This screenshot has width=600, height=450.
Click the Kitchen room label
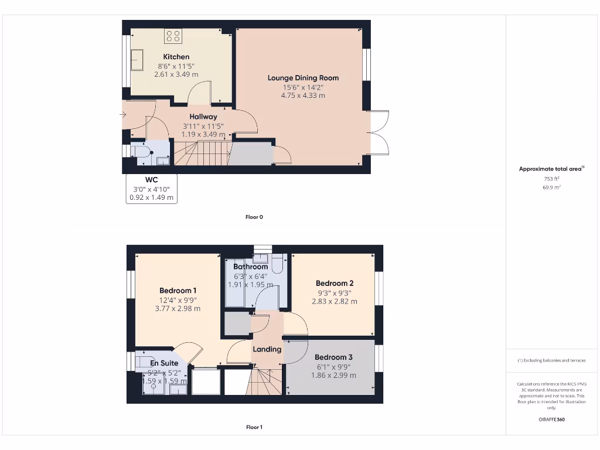coord(176,57)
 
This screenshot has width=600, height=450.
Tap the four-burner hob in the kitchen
coord(173,36)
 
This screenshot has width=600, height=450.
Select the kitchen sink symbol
coord(137,60)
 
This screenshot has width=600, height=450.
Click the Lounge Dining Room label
coord(303,77)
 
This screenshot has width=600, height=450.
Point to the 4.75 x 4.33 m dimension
coord(303,95)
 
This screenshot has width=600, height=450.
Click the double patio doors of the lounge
coord(379,132)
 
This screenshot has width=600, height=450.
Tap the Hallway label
coord(203,117)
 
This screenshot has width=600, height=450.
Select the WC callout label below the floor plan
coord(152,179)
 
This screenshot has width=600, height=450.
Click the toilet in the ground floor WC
coord(141,152)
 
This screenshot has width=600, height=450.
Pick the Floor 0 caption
coord(254,217)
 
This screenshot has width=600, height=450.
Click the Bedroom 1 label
coord(178,291)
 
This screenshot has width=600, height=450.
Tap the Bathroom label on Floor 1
coord(250,267)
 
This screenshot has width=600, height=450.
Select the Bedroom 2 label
coord(334,283)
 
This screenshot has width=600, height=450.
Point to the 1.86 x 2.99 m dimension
coord(333,376)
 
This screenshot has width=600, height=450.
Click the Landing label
coord(267,349)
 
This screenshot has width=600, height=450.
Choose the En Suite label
coord(164,363)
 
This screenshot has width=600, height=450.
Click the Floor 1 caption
coord(254,427)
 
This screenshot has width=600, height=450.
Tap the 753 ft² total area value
coord(551,179)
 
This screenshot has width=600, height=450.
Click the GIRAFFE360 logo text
coord(551,420)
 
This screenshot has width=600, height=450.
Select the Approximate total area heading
coord(551,169)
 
